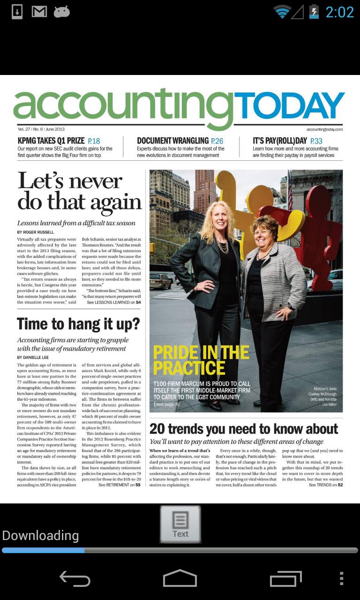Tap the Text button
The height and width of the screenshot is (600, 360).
click(180, 524)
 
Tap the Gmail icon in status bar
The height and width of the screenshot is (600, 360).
click(39, 12)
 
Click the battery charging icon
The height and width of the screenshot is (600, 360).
click(314, 12)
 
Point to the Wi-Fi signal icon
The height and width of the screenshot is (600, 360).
click(282, 12)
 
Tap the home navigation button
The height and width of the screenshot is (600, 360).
click(180, 578)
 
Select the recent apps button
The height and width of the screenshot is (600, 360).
click(286, 578)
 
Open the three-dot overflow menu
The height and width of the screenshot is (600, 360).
click(341, 578)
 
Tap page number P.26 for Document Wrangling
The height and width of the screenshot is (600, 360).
click(217, 141)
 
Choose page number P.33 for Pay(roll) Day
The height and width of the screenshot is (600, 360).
click(316, 141)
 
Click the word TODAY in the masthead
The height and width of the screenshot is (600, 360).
click(289, 106)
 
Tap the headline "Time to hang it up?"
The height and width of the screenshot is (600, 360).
click(78, 324)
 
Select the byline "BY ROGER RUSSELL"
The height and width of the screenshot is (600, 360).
click(36, 232)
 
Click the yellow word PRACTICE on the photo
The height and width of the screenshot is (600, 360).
click(189, 368)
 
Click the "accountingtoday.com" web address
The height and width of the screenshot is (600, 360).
click(324, 129)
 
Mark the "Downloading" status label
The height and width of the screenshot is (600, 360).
click(40, 535)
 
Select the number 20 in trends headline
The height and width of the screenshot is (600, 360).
click(157, 428)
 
